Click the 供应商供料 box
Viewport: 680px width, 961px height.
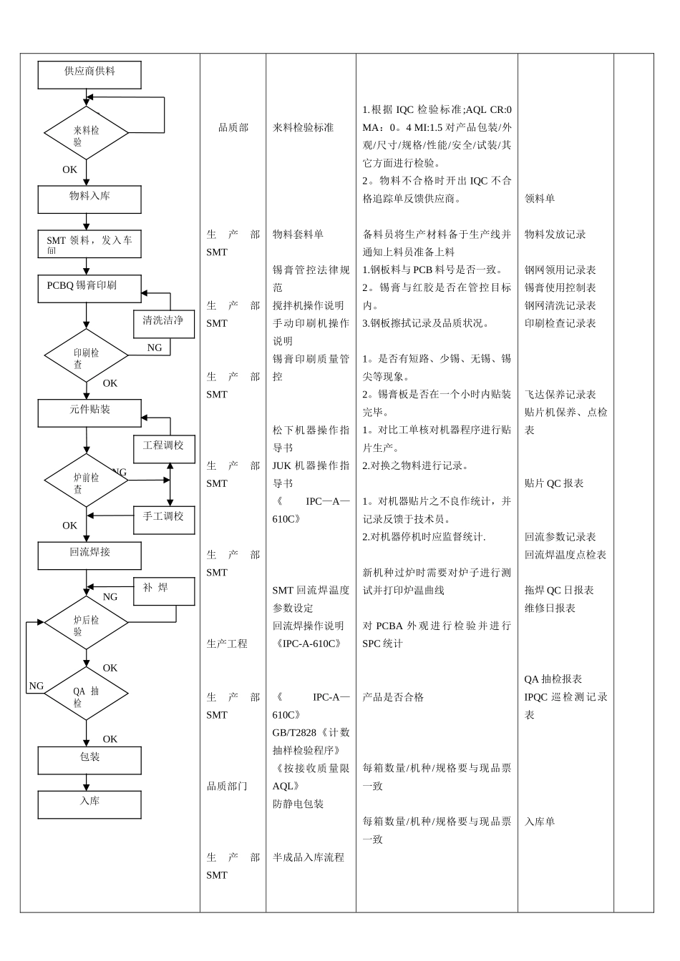click(x=89, y=74)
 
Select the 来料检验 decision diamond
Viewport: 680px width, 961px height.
click(x=87, y=133)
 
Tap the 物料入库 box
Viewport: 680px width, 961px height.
click(x=89, y=199)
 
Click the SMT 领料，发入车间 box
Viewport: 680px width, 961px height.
click(x=89, y=244)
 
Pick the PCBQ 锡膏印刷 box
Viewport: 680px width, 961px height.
click(x=89, y=288)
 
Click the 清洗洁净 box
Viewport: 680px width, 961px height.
click(x=164, y=324)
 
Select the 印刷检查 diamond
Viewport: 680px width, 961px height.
click(x=87, y=355)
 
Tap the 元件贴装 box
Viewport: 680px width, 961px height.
click(x=89, y=413)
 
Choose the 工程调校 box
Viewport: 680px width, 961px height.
click(x=164, y=449)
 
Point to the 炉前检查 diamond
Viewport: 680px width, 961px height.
click(x=87, y=480)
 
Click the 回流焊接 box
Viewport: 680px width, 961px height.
click(x=89, y=556)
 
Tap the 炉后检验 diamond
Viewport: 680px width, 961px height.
click(x=87, y=623)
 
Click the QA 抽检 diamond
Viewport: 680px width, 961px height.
click(x=87, y=694)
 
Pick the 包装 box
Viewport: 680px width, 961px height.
click(x=89, y=760)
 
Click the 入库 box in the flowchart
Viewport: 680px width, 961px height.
click(x=89, y=804)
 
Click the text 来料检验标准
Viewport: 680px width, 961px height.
click(x=303, y=128)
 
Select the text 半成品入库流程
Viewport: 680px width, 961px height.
click(x=309, y=857)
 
